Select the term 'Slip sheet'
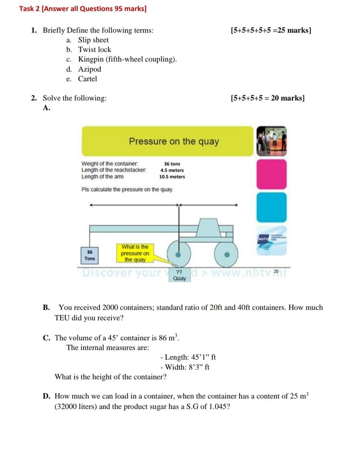(93, 40)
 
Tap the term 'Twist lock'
(94, 50)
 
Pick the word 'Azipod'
(89, 69)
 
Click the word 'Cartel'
(87, 79)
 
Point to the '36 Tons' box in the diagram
(90, 255)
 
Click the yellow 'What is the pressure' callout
(135, 253)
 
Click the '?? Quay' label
(179, 275)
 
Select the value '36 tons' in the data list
(172, 164)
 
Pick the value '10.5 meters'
(172, 176)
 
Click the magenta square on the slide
(272, 174)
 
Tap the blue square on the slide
(272, 207)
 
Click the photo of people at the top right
(272, 141)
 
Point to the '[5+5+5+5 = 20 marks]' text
(268, 98)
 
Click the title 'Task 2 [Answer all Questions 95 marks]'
(83, 8)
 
